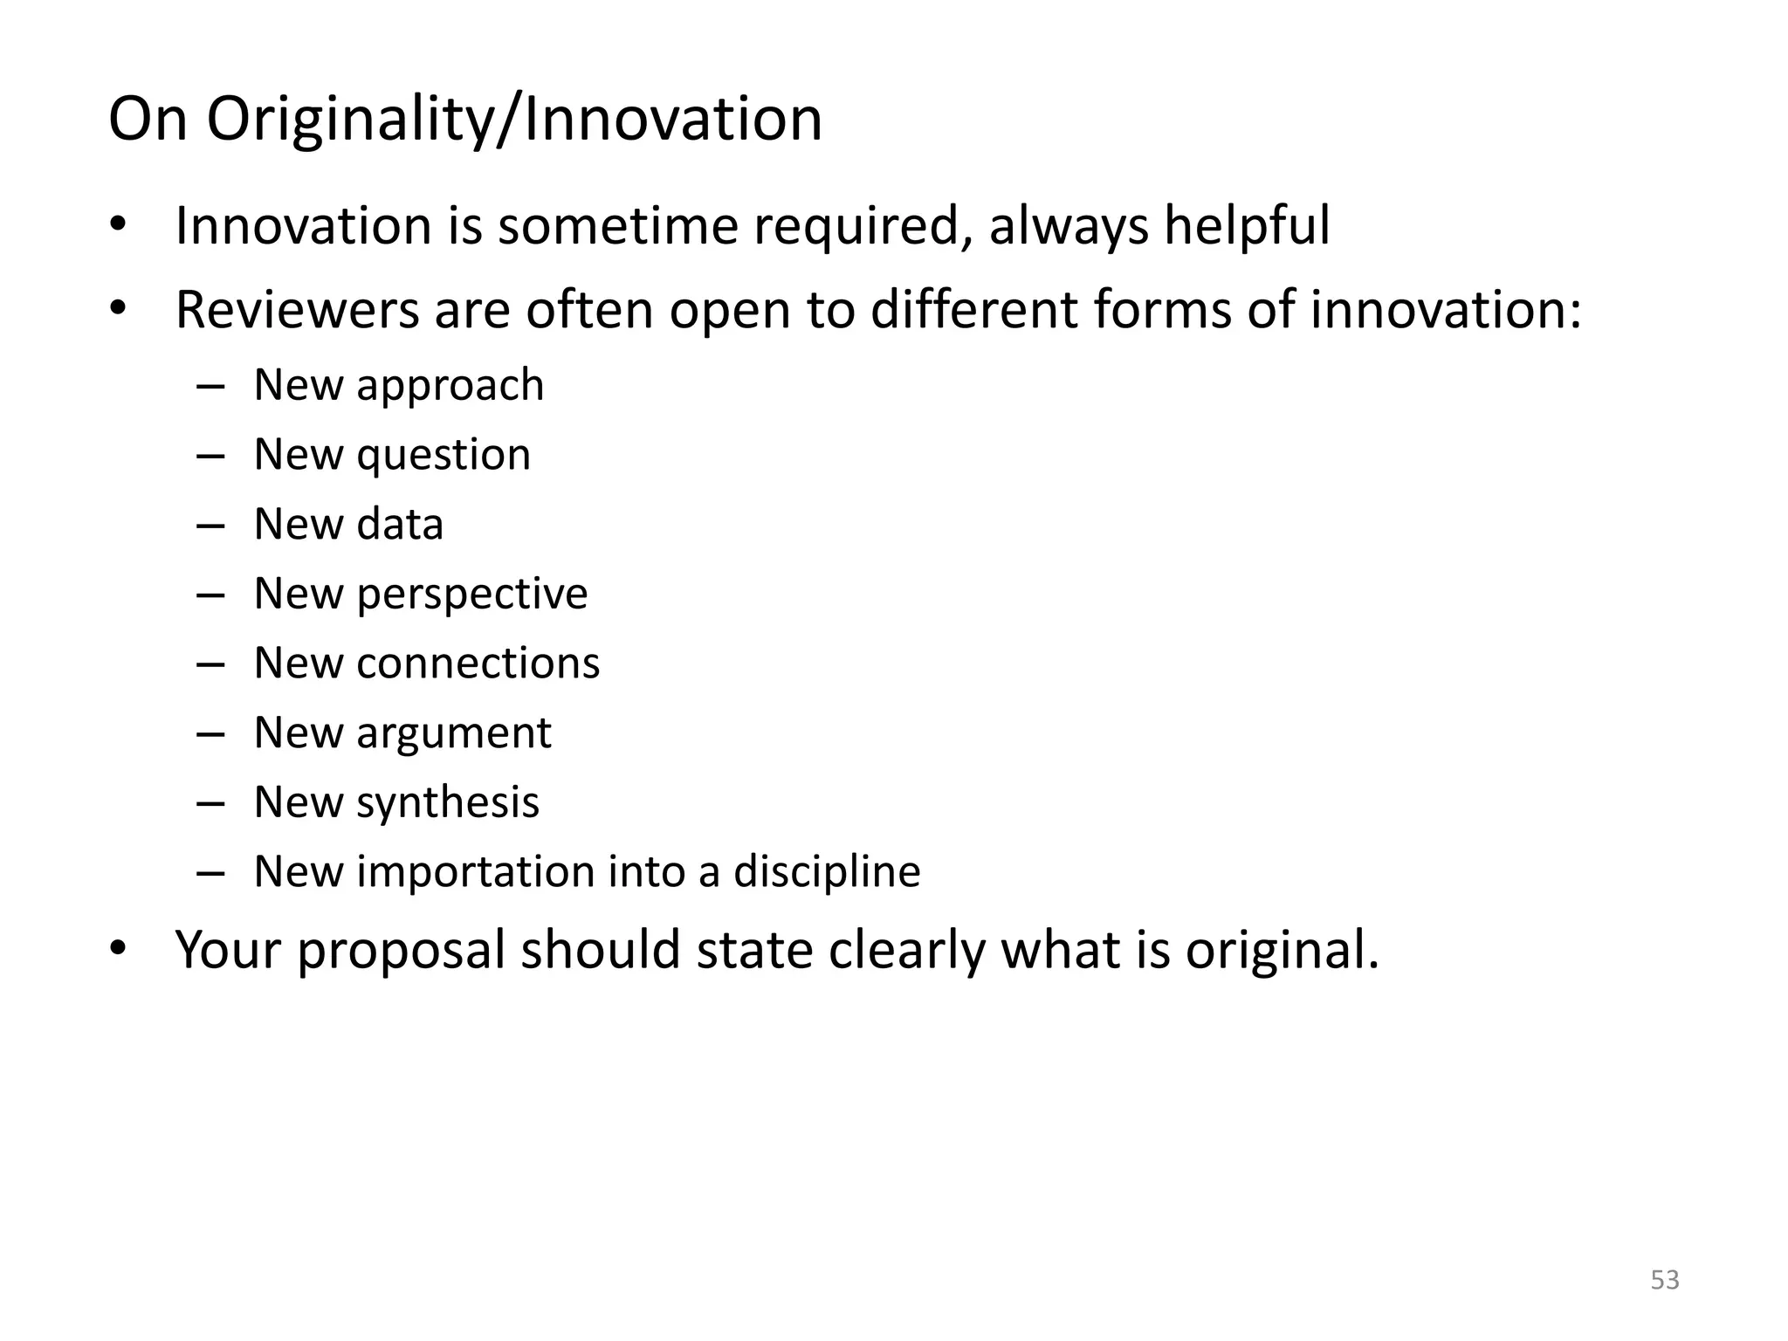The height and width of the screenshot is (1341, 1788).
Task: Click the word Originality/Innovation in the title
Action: (514, 120)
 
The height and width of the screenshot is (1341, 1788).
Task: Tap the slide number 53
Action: (1665, 1280)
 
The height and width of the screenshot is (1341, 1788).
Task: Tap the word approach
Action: (450, 386)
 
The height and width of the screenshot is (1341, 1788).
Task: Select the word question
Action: (443, 455)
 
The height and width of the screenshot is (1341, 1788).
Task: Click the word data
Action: (399, 524)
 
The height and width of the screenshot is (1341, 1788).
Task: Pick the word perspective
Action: (471, 595)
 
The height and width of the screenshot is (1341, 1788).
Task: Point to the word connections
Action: (478, 664)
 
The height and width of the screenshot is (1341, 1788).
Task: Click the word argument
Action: (453, 733)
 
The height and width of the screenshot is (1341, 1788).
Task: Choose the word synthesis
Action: (447, 802)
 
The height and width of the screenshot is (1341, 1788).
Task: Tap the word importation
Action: (475, 871)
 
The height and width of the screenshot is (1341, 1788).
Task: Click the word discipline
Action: (826, 871)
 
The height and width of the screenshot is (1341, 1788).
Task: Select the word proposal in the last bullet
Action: (401, 951)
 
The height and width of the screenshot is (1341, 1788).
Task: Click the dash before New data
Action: (210, 526)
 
